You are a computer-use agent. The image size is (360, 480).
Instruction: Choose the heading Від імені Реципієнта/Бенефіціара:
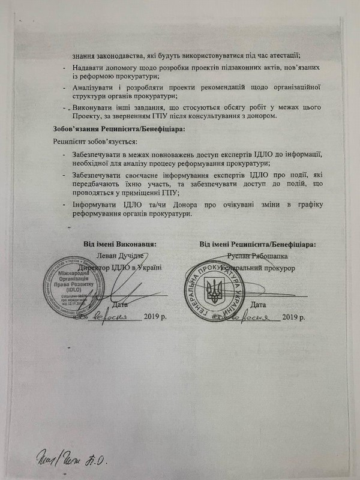point(258,244)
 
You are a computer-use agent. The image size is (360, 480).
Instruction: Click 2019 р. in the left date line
point(158,316)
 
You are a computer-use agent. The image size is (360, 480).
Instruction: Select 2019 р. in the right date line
point(295,316)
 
